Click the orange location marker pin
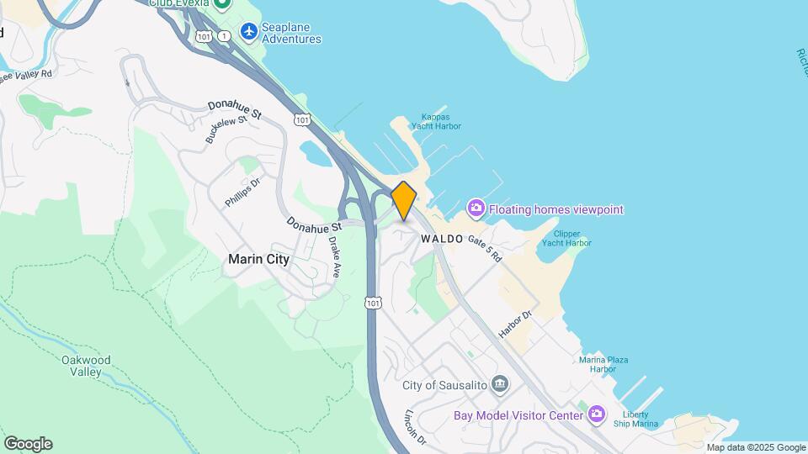coord(404,200)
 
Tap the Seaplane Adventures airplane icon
coord(248,32)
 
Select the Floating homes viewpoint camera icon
coord(476,209)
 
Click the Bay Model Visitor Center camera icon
coord(597,414)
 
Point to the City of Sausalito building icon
coord(500,385)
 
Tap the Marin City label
coord(258,260)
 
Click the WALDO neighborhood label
coord(442,239)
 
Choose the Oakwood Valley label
coord(86,366)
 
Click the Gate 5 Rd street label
coord(486,247)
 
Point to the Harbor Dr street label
coord(515,325)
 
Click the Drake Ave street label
coord(335,256)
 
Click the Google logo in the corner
coord(28,444)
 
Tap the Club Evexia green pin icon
coord(223,4)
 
